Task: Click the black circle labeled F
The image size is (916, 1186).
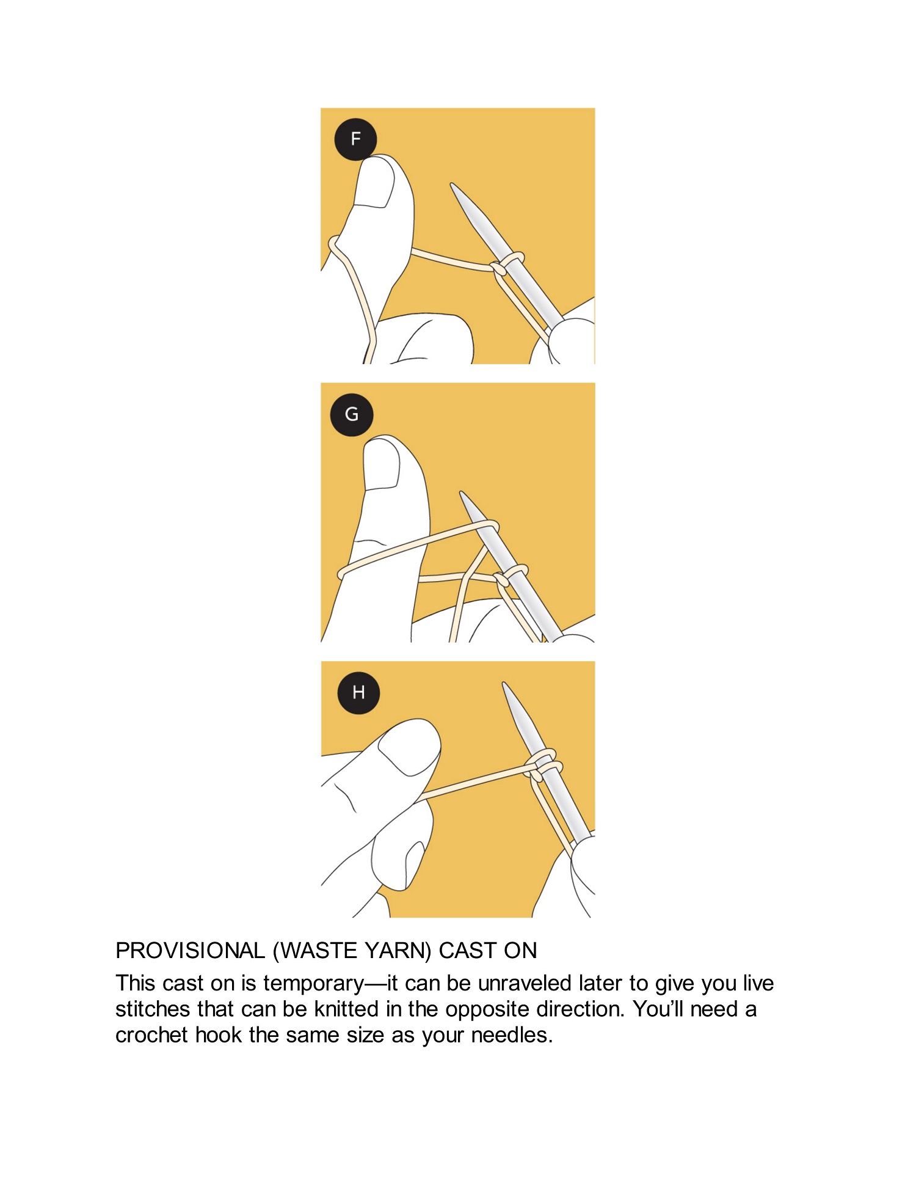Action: click(x=355, y=139)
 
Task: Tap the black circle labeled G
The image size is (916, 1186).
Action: click(x=352, y=415)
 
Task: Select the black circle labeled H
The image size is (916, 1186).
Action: click(x=358, y=693)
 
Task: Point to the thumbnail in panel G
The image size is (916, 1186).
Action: click(x=382, y=466)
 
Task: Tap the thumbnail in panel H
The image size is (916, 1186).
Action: click(x=408, y=749)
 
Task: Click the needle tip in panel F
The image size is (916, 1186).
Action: click(x=452, y=184)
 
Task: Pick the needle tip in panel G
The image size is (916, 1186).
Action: click(x=462, y=492)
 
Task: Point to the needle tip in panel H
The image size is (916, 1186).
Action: click(x=504, y=684)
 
